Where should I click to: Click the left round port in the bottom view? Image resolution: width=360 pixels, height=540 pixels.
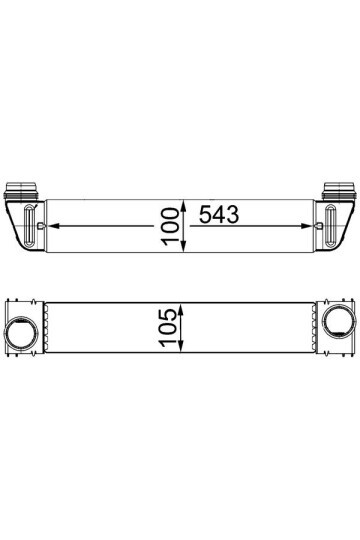pyautogui.click(x=23, y=331)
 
